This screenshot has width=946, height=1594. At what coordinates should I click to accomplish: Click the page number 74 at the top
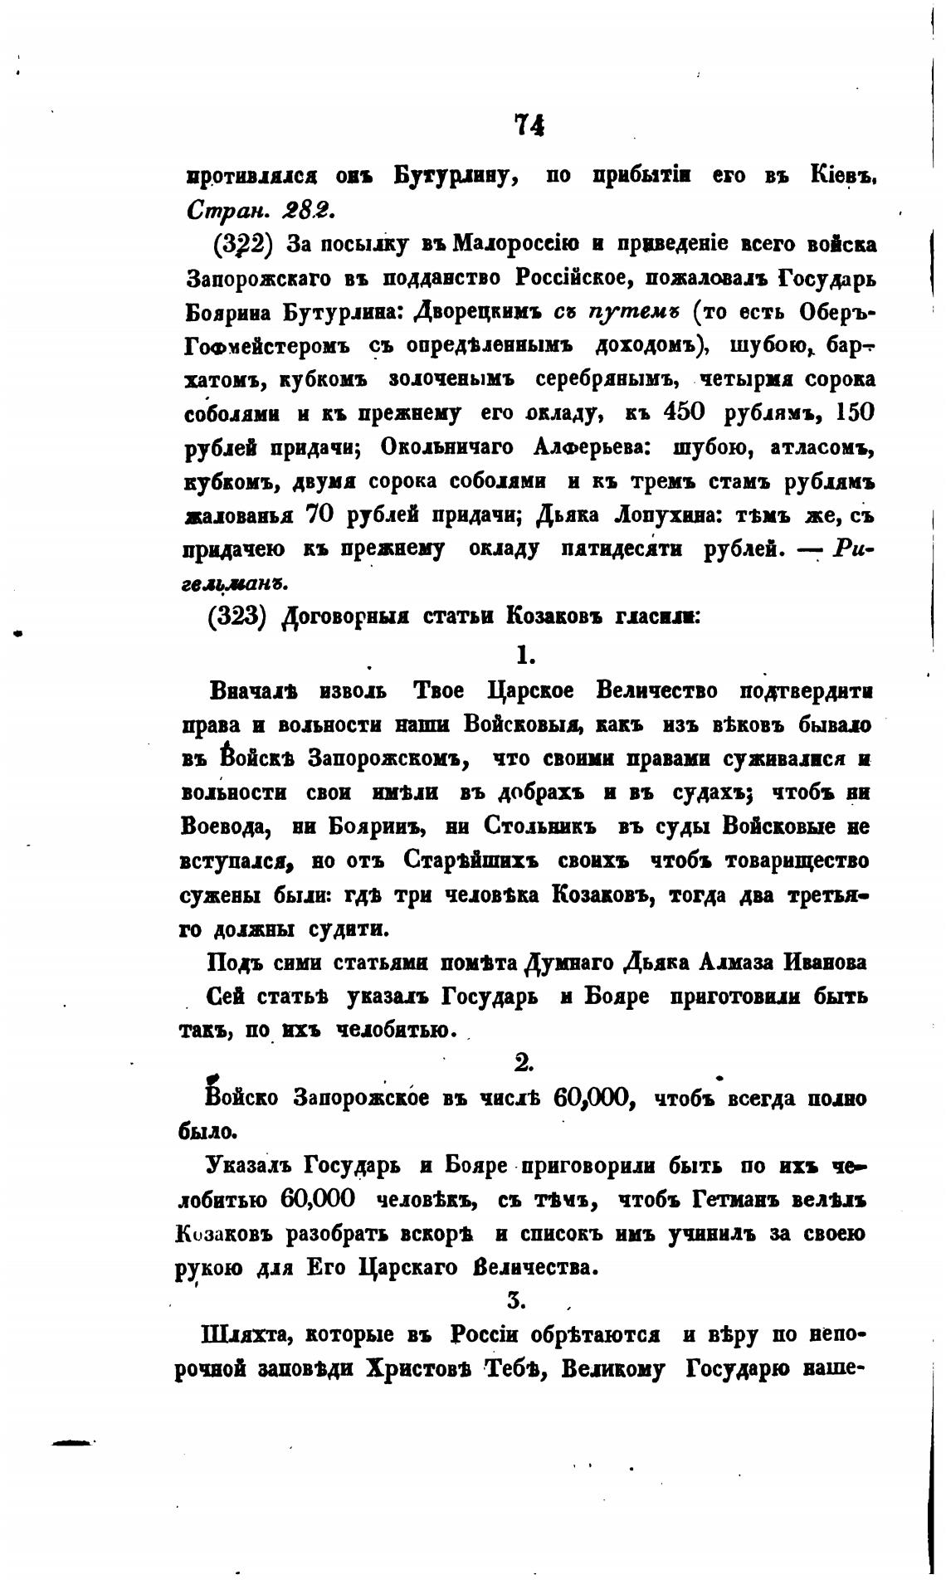coord(529,124)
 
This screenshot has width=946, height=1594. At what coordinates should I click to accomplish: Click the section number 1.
coord(524,655)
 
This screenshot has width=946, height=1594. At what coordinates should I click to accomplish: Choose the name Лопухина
coord(662,514)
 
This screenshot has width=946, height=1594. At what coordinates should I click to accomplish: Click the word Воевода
coord(222,826)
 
